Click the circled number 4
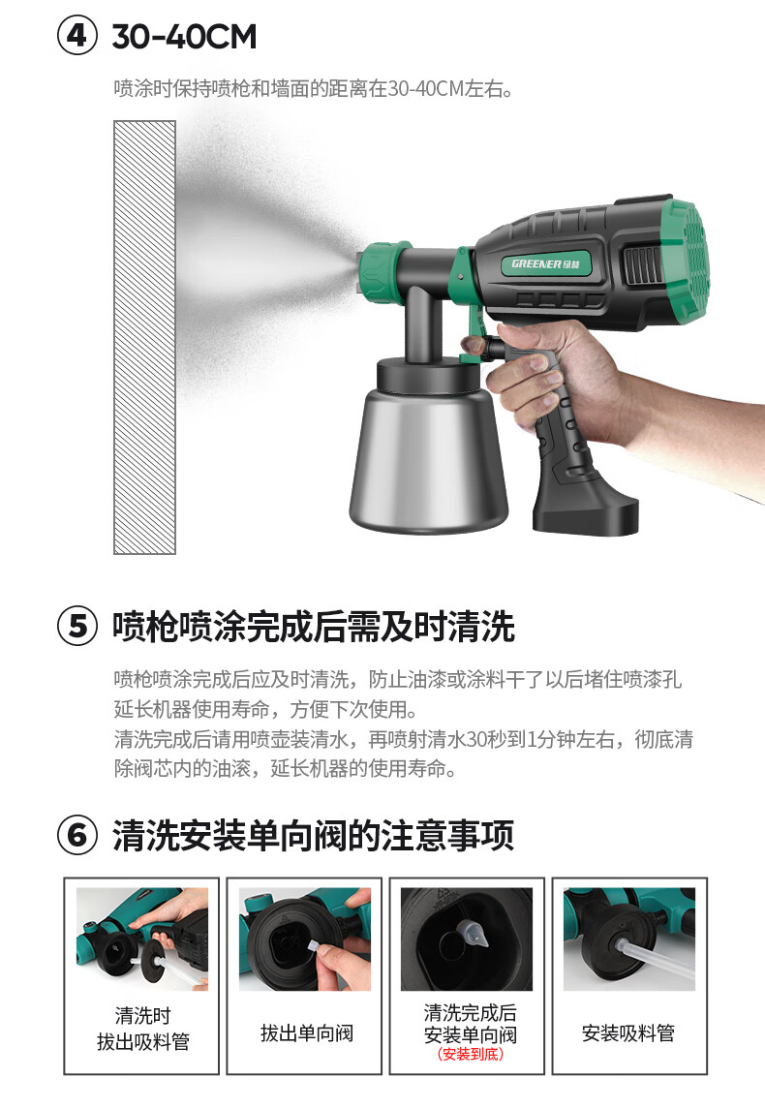click(x=76, y=36)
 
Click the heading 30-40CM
click(x=185, y=37)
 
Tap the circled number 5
click(x=76, y=627)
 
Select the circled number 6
click(x=76, y=835)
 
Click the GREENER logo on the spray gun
click(x=545, y=263)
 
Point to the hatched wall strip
click(x=144, y=337)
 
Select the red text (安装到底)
click(x=471, y=1054)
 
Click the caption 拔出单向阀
click(x=307, y=1033)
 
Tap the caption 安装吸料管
click(x=627, y=1033)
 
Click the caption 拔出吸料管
click(x=142, y=1042)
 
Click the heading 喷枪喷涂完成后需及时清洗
click(x=313, y=627)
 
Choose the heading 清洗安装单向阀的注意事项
click(x=313, y=835)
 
